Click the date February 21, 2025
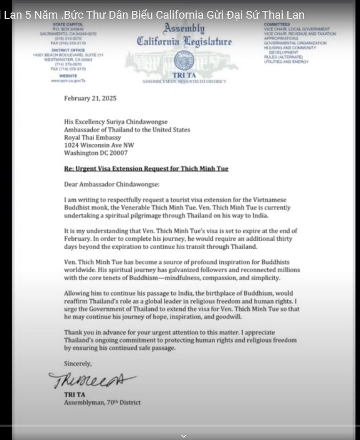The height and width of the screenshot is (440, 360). (90, 99)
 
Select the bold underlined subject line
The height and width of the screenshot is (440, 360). (146, 169)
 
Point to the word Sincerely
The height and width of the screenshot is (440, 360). (78, 363)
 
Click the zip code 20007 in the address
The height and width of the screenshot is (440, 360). (119, 153)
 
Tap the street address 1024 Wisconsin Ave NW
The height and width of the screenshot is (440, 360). (99, 145)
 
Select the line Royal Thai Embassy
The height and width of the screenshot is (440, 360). (92, 137)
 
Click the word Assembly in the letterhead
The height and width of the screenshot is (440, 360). (184, 29)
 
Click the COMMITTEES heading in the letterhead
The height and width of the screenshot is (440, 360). (277, 25)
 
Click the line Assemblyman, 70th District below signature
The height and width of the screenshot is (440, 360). (102, 403)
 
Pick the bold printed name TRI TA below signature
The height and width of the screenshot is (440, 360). (72, 395)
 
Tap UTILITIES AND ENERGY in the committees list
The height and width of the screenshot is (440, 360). (286, 62)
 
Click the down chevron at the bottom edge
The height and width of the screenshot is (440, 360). (183, 436)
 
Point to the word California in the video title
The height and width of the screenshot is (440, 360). (182, 15)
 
